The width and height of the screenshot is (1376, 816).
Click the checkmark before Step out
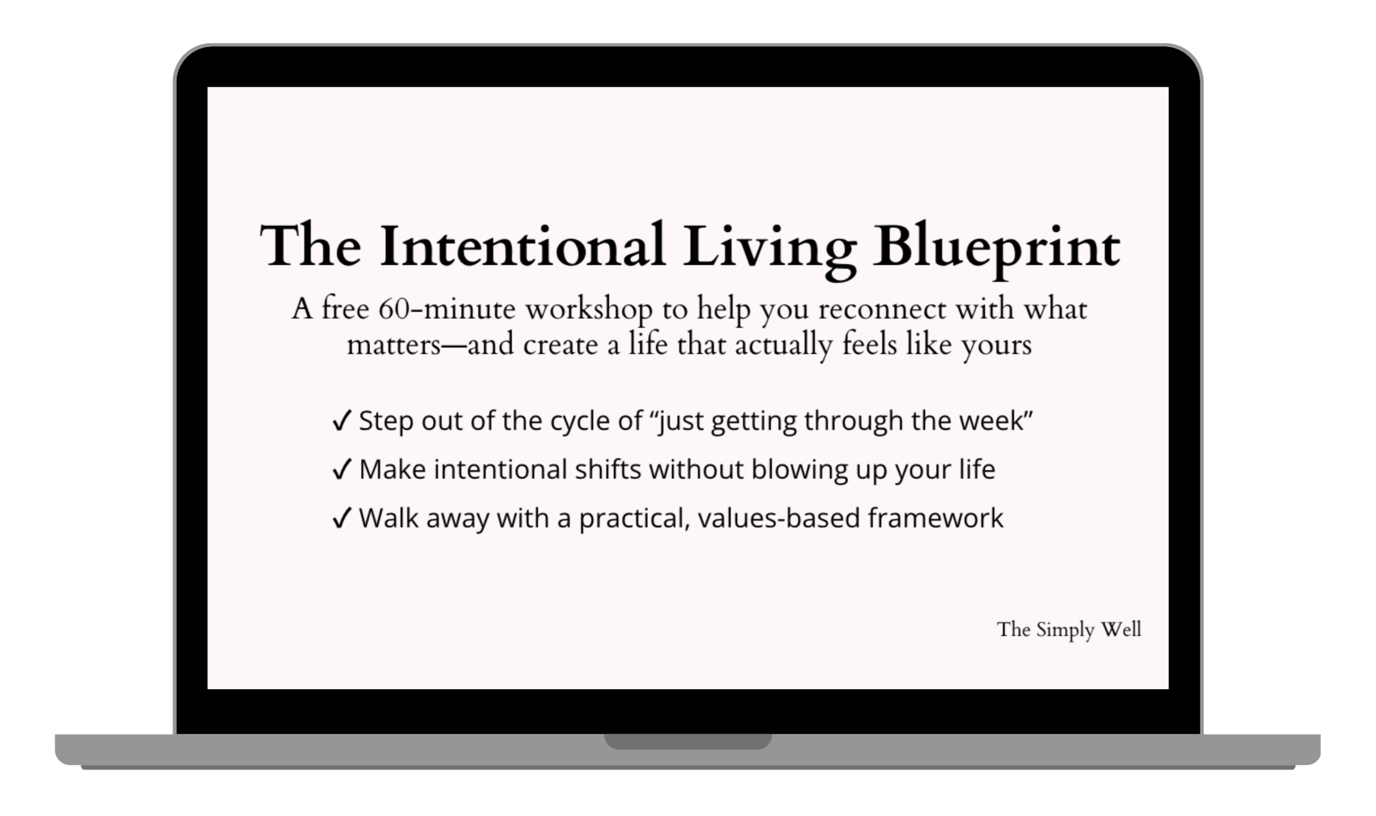click(342, 421)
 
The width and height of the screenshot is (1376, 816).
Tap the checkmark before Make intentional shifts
click(342, 470)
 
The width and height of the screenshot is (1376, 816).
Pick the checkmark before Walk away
click(342, 518)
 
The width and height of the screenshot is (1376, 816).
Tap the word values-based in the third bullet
click(779, 518)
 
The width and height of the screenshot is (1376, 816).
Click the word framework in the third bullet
click(936, 517)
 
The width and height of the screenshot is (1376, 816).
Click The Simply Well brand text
click(1069, 630)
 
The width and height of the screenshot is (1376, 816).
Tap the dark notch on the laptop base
click(688, 742)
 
